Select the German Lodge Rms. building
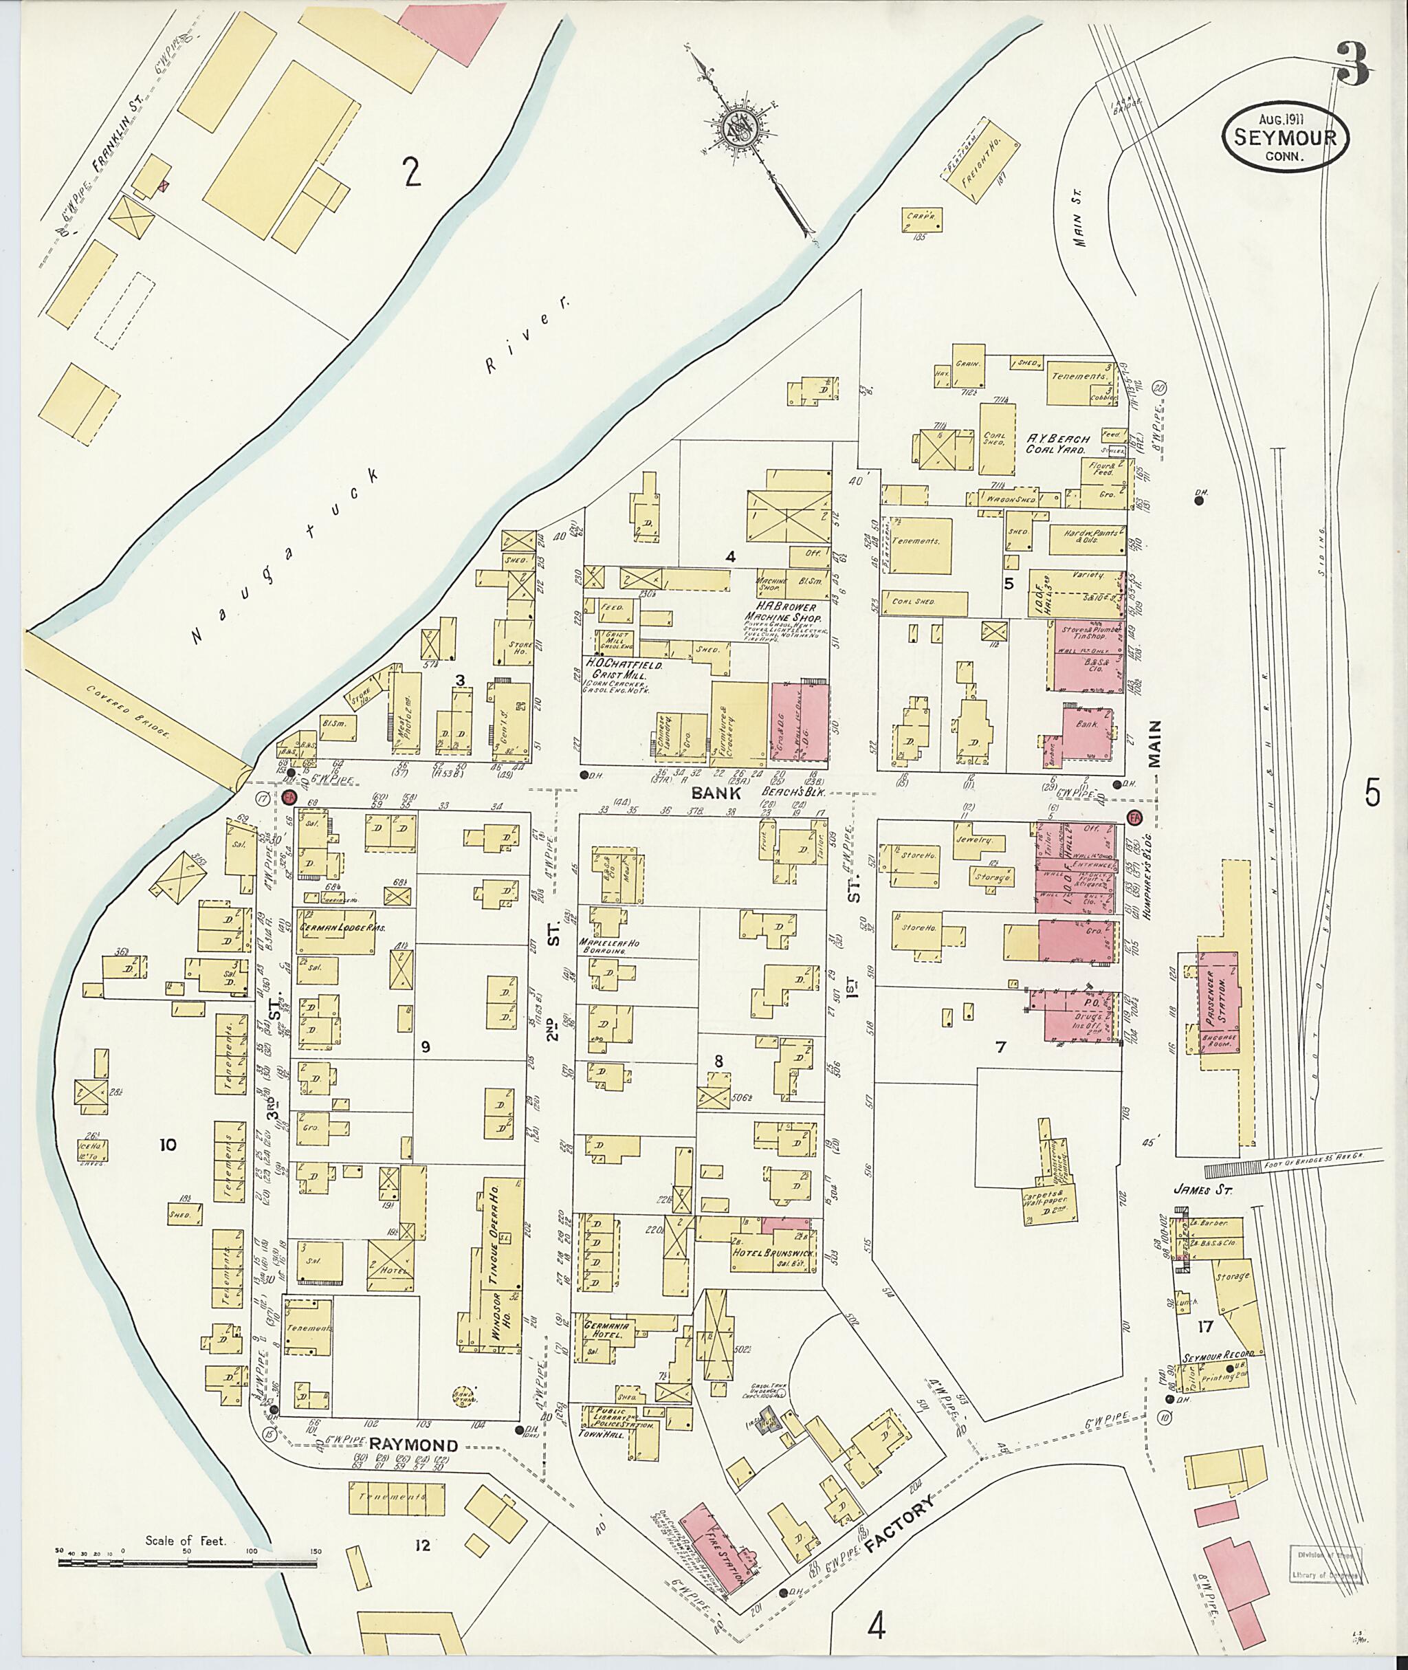[335, 931]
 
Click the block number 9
[425, 1047]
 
